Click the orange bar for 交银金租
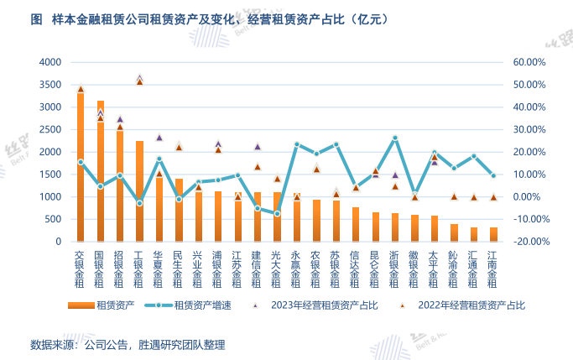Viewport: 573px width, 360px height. [81, 168]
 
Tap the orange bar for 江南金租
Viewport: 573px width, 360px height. [493, 234]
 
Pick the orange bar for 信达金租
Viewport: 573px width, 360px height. [356, 224]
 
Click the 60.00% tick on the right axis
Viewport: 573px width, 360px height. [529, 62]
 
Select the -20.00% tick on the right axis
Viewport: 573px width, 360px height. [529, 242]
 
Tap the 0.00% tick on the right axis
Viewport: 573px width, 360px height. [533, 197]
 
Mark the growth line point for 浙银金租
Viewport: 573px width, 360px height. [395, 138]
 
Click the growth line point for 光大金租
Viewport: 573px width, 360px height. [277, 214]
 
